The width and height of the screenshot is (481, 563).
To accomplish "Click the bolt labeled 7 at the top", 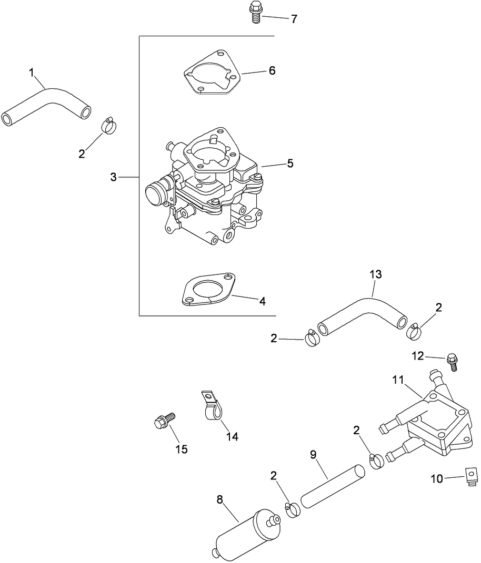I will tap(255, 13).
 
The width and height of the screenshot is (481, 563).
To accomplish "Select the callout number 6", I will tap(272, 70).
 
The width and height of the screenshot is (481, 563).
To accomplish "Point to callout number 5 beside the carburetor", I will tap(290, 163).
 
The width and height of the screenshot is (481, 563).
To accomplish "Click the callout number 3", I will tap(113, 177).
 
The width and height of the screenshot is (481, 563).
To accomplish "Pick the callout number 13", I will tap(375, 274).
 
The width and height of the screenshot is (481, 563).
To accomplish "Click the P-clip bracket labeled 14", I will tap(212, 406).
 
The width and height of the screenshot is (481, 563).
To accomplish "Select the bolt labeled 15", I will tap(163, 421).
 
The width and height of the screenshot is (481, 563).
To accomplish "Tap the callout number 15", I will tap(181, 449).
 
